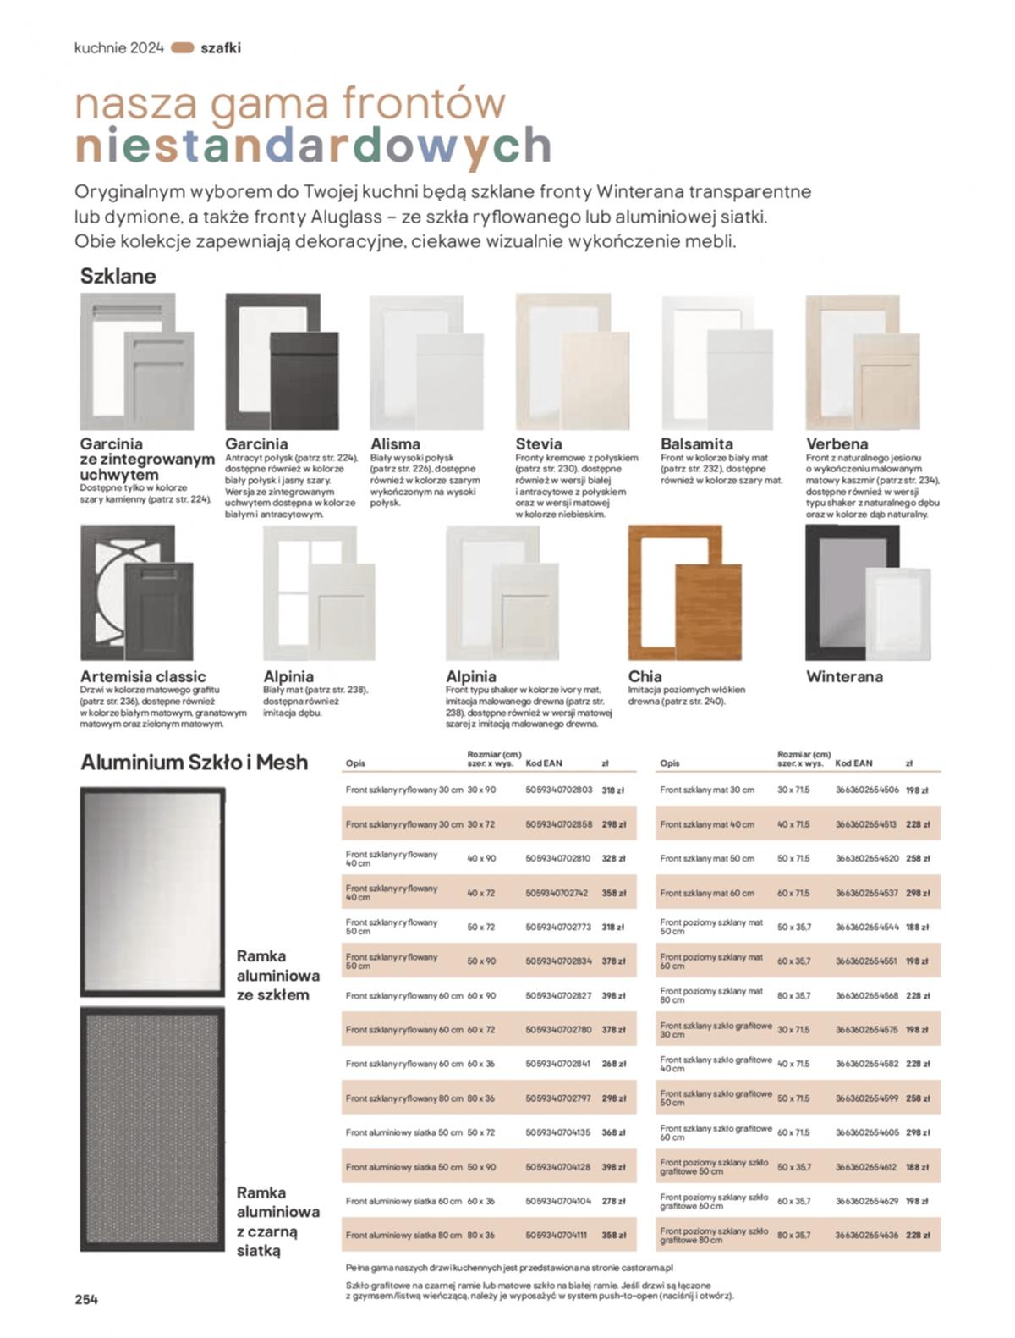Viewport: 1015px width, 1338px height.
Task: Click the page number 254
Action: (86, 1299)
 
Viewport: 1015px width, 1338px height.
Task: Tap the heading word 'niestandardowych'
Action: (313, 146)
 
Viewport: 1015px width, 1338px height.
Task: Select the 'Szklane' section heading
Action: (118, 276)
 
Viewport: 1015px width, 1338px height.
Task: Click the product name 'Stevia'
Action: (539, 443)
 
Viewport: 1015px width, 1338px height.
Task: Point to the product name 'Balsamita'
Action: (696, 443)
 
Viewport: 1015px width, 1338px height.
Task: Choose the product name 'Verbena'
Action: (837, 443)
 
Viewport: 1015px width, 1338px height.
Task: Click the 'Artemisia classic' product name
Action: (143, 676)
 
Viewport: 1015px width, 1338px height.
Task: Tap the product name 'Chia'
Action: (645, 676)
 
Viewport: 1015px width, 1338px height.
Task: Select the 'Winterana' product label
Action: (844, 676)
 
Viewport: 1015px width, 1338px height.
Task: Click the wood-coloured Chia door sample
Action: (684, 592)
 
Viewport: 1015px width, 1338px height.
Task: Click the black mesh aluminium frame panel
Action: (152, 1129)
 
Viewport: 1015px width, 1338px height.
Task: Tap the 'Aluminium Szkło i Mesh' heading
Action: (194, 762)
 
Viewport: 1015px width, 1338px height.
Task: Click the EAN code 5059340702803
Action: (558, 790)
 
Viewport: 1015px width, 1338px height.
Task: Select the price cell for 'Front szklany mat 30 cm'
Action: (917, 790)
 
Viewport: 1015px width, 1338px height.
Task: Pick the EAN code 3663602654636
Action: (867, 1235)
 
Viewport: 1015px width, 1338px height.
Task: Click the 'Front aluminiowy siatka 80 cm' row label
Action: (404, 1235)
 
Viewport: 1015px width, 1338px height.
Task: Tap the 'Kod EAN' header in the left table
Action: (543, 763)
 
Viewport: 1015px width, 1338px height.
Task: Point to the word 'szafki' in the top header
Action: (220, 48)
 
